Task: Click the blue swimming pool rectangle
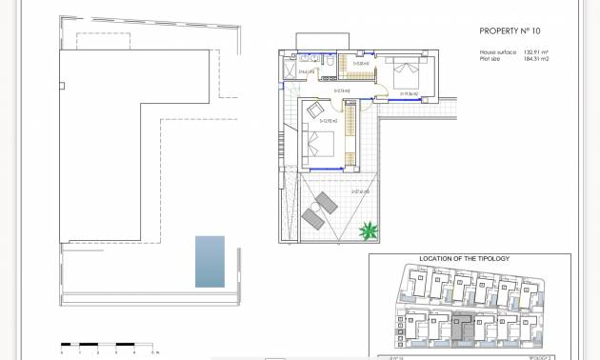[x=210, y=261]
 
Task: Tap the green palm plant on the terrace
[x=368, y=230]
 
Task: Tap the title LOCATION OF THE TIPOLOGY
[x=465, y=259]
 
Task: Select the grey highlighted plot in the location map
[x=462, y=328]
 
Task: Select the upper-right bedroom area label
[x=410, y=94]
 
